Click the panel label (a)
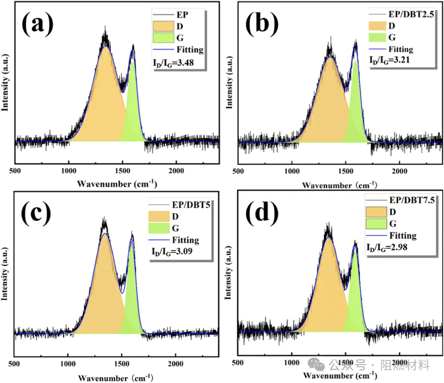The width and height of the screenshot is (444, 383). pos(38,24)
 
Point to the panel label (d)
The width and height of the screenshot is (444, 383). pos(261,213)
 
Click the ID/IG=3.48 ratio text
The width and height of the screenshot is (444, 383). pos(170,64)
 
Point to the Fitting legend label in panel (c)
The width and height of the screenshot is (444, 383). pos(185,239)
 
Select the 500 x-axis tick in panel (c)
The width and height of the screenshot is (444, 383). pos(14,364)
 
